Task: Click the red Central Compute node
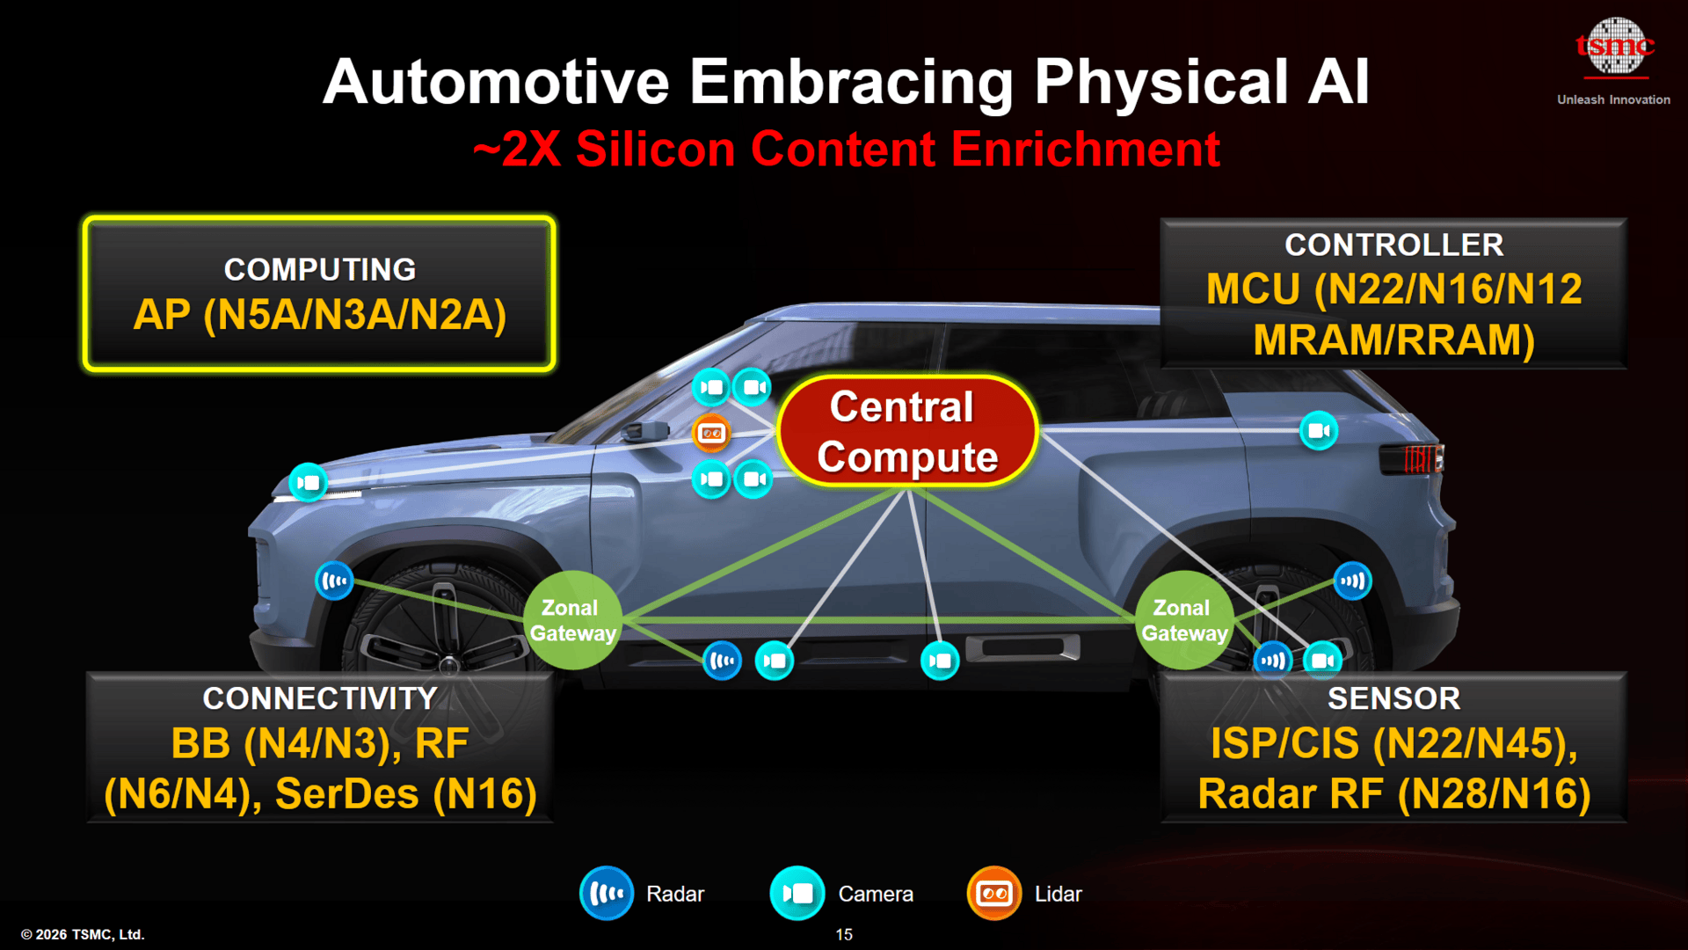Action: pyautogui.click(x=906, y=431)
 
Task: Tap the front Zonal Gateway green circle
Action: pyautogui.click(x=572, y=620)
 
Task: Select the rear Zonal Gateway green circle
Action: pyautogui.click(x=1183, y=620)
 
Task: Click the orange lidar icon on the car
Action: pyautogui.click(x=711, y=433)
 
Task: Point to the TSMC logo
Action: pyautogui.click(x=1614, y=46)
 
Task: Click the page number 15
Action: pyautogui.click(x=843, y=934)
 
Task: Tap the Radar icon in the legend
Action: pyautogui.click(x=607, y=894)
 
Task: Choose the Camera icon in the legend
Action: pyautogui.click(x=797, y=894)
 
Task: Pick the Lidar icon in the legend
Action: pyautogui.click(x=994, y=894)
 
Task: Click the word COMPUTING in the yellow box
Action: pyautogui.click(x=320, y=269)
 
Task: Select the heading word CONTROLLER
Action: pyautogui.click(x=1393, y=245)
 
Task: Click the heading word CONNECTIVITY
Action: pyautogui.click(x=320, y=698)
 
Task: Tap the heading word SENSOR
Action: pyautogui.click(x=1393, y=698)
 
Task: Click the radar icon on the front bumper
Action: pyautogui.click(x=334, y=581)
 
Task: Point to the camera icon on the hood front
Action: pyautogui.click(x=308, y=482)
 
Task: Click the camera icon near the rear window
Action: pyautogui.click(x=1319, y=431)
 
